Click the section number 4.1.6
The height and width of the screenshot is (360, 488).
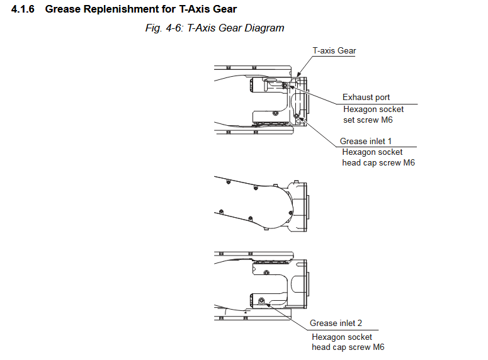tap(23, 9)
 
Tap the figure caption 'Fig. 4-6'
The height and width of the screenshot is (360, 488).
tap(163, 28)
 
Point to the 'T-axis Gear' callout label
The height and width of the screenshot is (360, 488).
tap(334, 51)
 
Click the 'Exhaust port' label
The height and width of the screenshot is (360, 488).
tap(366, 98)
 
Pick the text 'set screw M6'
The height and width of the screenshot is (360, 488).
tap(368, 120)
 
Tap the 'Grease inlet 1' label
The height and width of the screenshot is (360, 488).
tap(366, 141)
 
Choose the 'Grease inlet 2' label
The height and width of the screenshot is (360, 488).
tap(336, 323)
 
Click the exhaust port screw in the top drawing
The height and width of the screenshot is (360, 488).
tap(285, 85)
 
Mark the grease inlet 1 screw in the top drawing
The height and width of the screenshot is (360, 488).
tap(297, 116)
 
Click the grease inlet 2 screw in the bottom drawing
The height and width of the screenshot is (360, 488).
tap(261, 301)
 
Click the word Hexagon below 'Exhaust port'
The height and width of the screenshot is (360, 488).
tap(358, 110)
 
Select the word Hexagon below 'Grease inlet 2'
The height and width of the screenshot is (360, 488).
tap(326, 337)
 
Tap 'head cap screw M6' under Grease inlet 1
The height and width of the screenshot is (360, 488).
tap(378, 163)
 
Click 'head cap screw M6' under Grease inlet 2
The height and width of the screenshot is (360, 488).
tap(348, 347)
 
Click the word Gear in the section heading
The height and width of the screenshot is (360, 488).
tap(225, 9)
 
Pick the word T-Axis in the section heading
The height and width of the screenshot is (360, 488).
tap(195, 9)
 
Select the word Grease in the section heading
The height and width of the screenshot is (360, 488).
tap(63, 9)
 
